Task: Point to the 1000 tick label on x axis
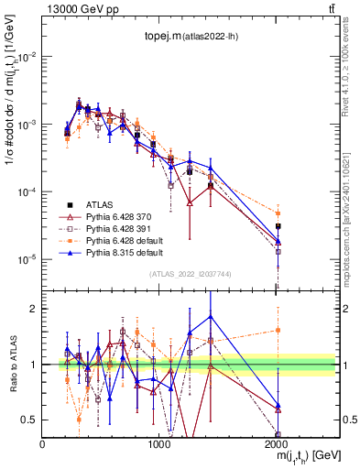[160, 443]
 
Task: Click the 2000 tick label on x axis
[278, 443]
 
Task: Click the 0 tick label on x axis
[43, 443]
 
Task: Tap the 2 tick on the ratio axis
[33, 309]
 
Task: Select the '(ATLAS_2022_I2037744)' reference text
[190, 274]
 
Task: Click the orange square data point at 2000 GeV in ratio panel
[278, 330]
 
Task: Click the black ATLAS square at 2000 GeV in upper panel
[278, 226]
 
